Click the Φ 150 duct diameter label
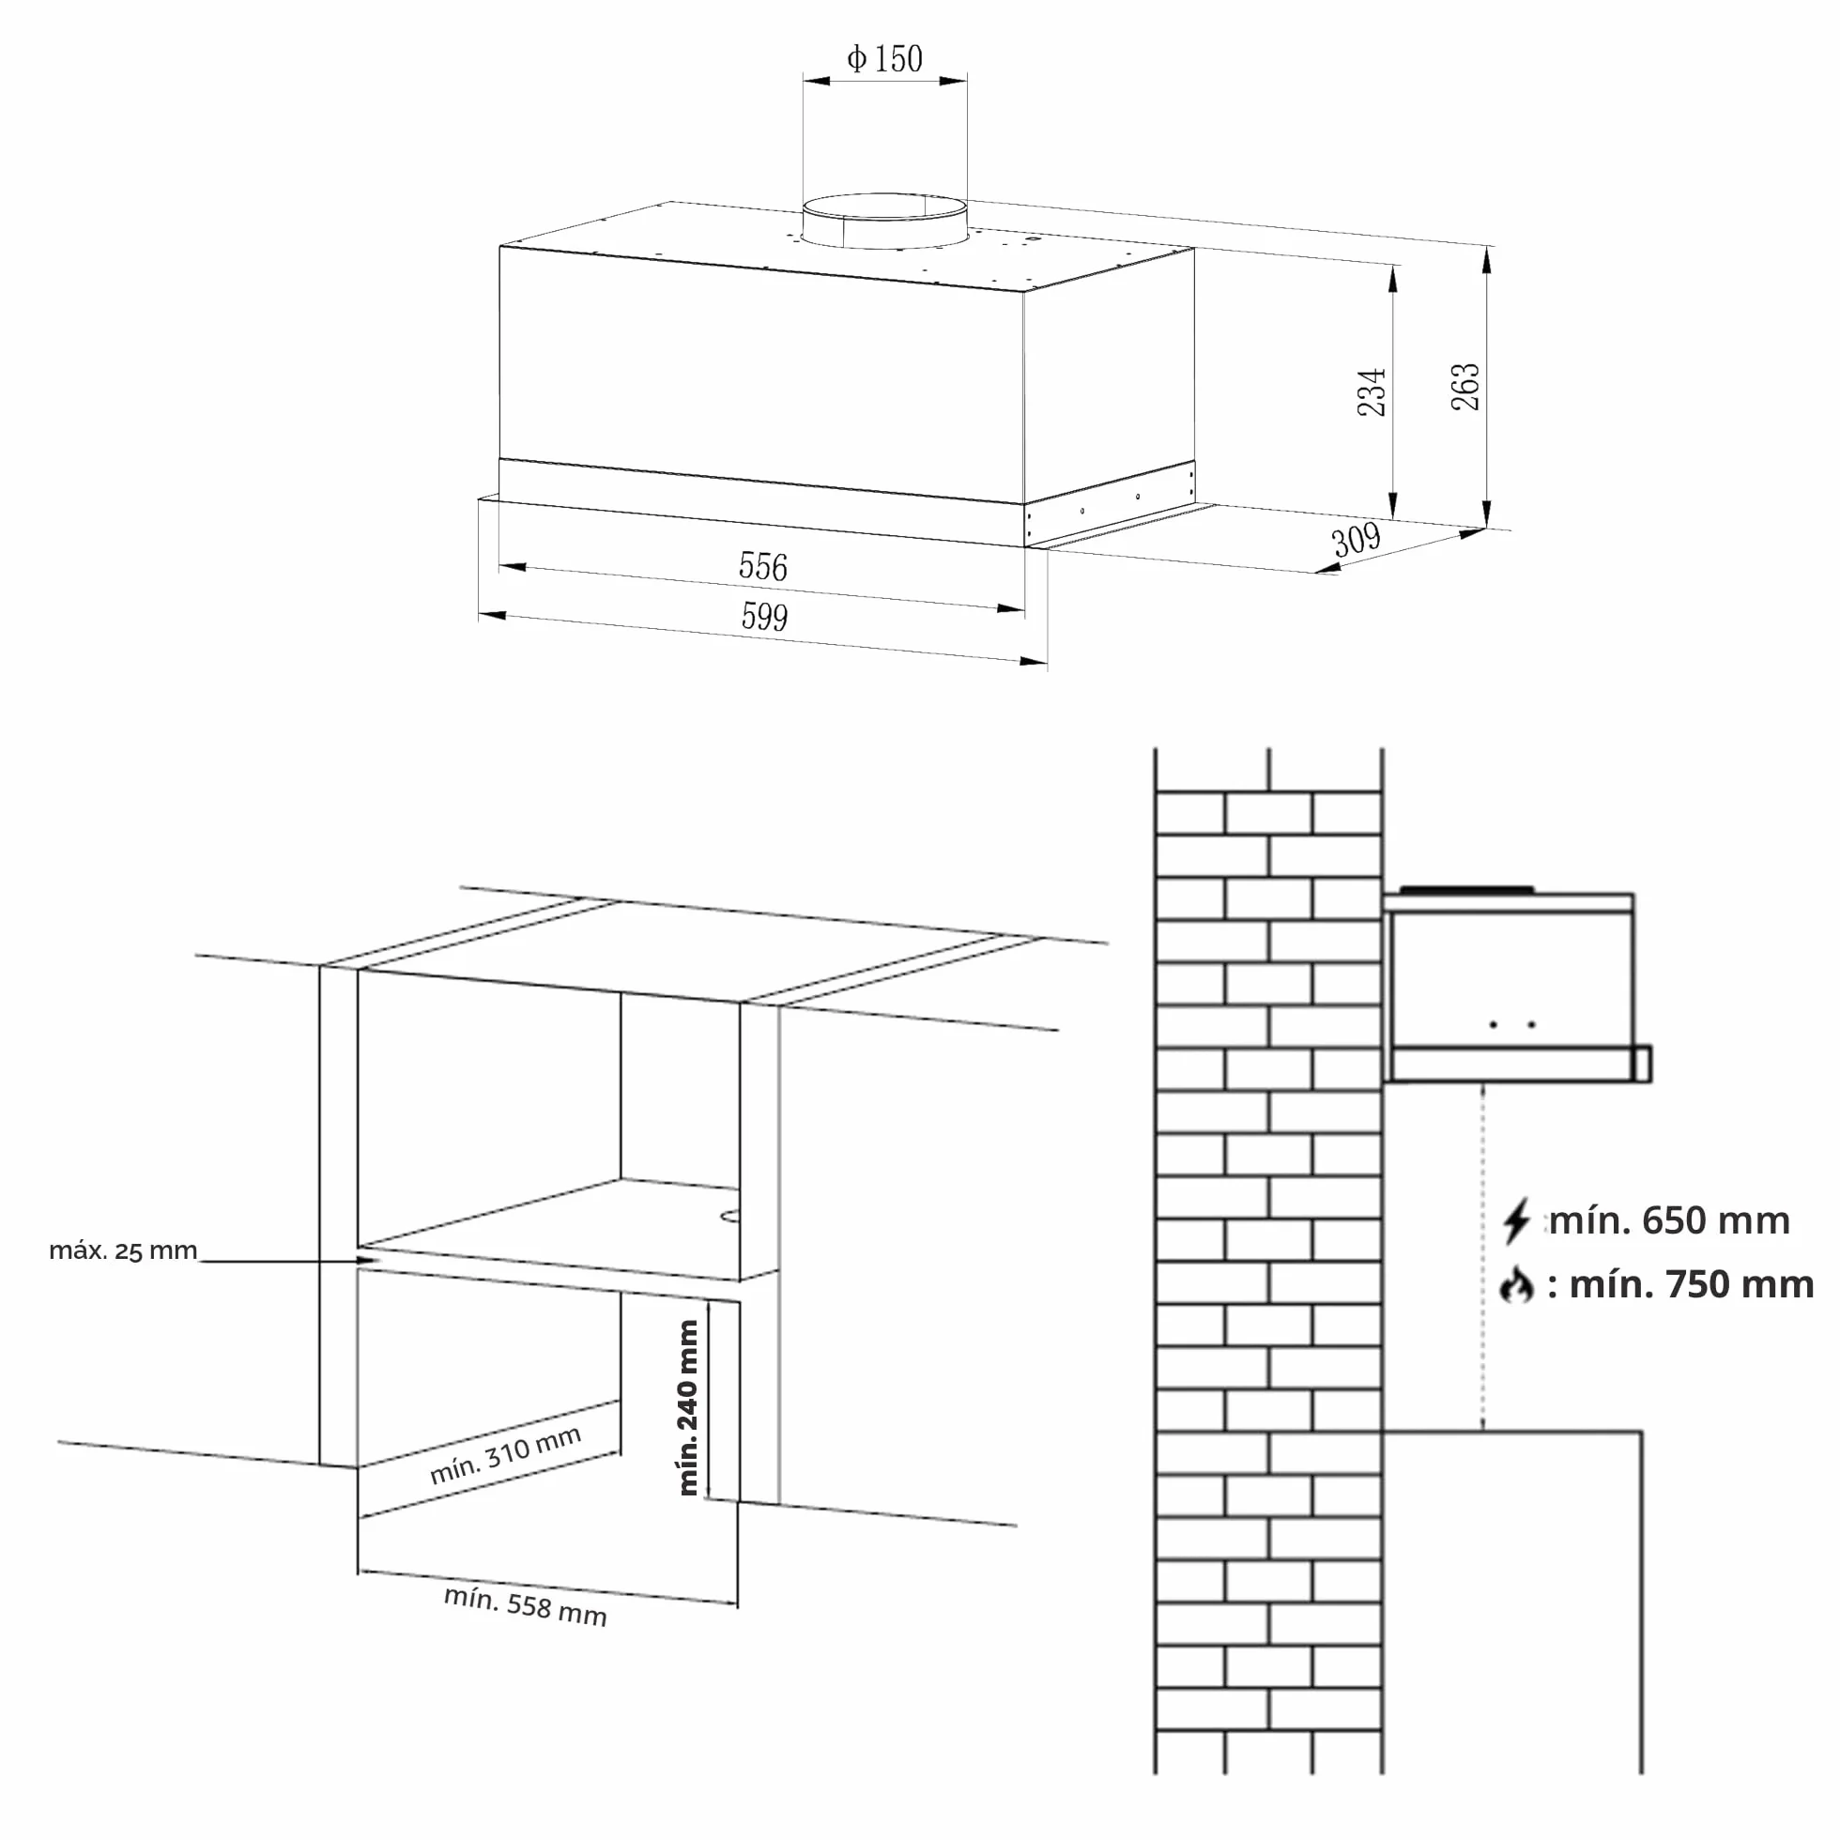[x=884, y=59]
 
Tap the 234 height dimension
[x=1372, y=391]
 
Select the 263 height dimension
[x=1464, y=386]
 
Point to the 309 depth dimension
[x=1357, y=540]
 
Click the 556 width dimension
[x=763, y=567]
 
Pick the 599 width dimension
[x=765, y=617]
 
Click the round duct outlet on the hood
[x=884, y=220]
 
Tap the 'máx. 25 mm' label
[x=123, y=1250]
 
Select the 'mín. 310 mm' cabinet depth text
[x=505, y=1455]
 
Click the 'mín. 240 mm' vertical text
[x=687, y=1407]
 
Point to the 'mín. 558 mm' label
[x=525, y=1606]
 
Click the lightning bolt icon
[x=1516, y=1221]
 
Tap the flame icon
[x=1516, y=1285]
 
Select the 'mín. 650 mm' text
[x=1669, y=1220]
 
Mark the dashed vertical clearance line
[x=1482, y=1256]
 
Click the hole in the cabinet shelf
[x=730, y=1215]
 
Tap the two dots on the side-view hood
[x=1512, y=1025]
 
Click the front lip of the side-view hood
[x=1642, y=1064]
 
